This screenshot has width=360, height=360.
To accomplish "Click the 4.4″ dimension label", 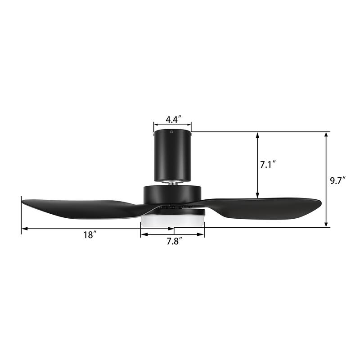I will (173, 119).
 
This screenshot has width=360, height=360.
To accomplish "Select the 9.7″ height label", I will (337, 181).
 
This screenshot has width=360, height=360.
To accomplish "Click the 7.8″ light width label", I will (174, 242).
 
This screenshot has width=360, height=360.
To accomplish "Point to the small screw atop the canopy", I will (171, 132).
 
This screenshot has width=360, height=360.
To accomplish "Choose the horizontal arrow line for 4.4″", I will (172, 126).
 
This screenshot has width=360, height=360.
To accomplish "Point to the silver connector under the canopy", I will (172, 181).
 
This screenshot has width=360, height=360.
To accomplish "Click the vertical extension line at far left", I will (21, 216).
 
